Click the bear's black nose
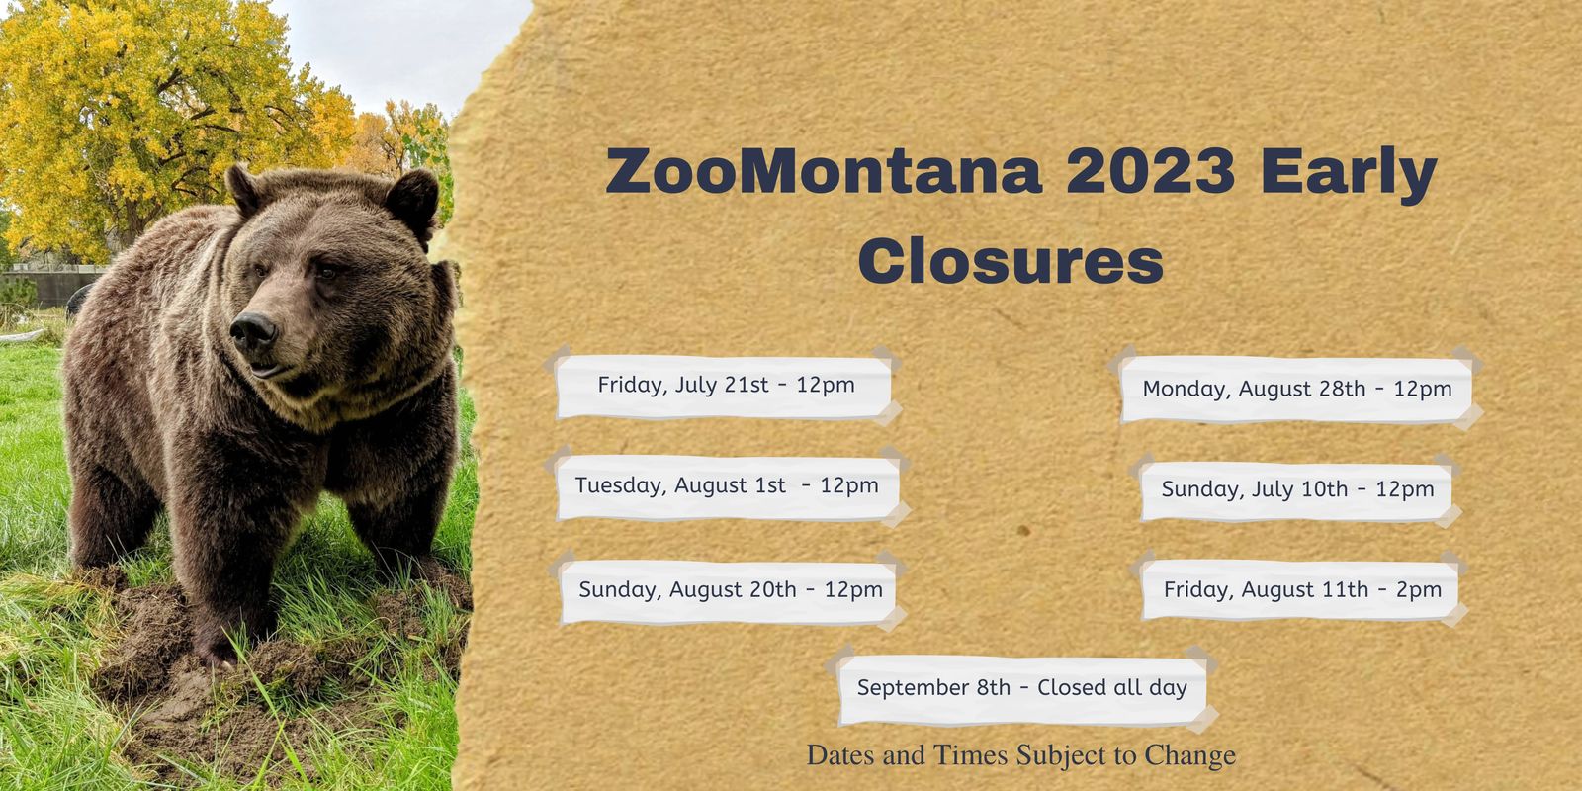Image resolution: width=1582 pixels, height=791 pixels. click(x=253, y=331)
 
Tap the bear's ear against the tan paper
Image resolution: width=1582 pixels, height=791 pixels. click(x=412, y=203)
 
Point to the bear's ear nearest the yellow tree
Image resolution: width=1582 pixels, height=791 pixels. click(x=244, y=188)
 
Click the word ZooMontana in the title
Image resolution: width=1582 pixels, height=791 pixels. click(x=824, y=172)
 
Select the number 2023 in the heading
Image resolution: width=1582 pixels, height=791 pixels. click(x=1151, y=171)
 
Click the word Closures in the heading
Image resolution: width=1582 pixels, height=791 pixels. click(x=1011, y=261)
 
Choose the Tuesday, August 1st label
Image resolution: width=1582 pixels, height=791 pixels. click(x=727, y=486)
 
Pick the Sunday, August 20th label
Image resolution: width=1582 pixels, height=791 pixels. click(x=729, y=590)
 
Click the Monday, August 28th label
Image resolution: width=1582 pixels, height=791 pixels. click(x=1296, y=390)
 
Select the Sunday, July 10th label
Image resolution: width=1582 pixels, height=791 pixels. click(x=1296, y=490)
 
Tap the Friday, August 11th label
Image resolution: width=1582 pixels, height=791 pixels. click(x=1301, y=590)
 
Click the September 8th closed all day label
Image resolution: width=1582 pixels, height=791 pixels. click(x=1022, y=688)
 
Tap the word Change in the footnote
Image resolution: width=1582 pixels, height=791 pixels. click(x=1190, y=755)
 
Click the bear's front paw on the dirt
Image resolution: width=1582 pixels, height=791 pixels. click(x=215, y=650)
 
